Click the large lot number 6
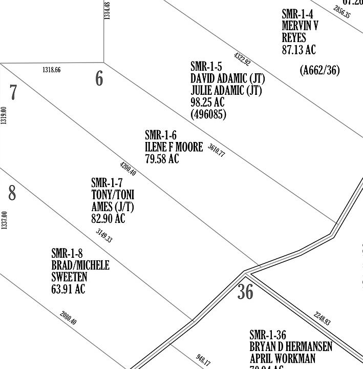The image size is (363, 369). pos(99,78)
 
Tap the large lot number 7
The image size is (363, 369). pos(13,93)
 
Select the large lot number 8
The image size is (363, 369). pos(12,193)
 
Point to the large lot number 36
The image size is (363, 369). pos(246,292)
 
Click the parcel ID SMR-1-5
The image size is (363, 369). pos(206,67)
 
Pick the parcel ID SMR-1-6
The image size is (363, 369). pos(161,135)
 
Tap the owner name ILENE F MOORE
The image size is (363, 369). pos(174,147)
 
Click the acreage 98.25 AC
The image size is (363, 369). pos(207,102)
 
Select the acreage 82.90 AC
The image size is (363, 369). pos(108,219)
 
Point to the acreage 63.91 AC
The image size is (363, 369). pos(68,289)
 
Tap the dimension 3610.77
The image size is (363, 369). pos(217,150)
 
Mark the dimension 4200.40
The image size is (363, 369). pos(128,169)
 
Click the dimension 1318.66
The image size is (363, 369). pos(51,70)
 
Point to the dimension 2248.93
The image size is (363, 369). pos(322,318)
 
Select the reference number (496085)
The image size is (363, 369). pos(208,114)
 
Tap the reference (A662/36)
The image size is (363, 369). pos(319,70)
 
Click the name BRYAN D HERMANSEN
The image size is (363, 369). pos(291,347)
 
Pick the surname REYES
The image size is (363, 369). pos(294,38)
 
